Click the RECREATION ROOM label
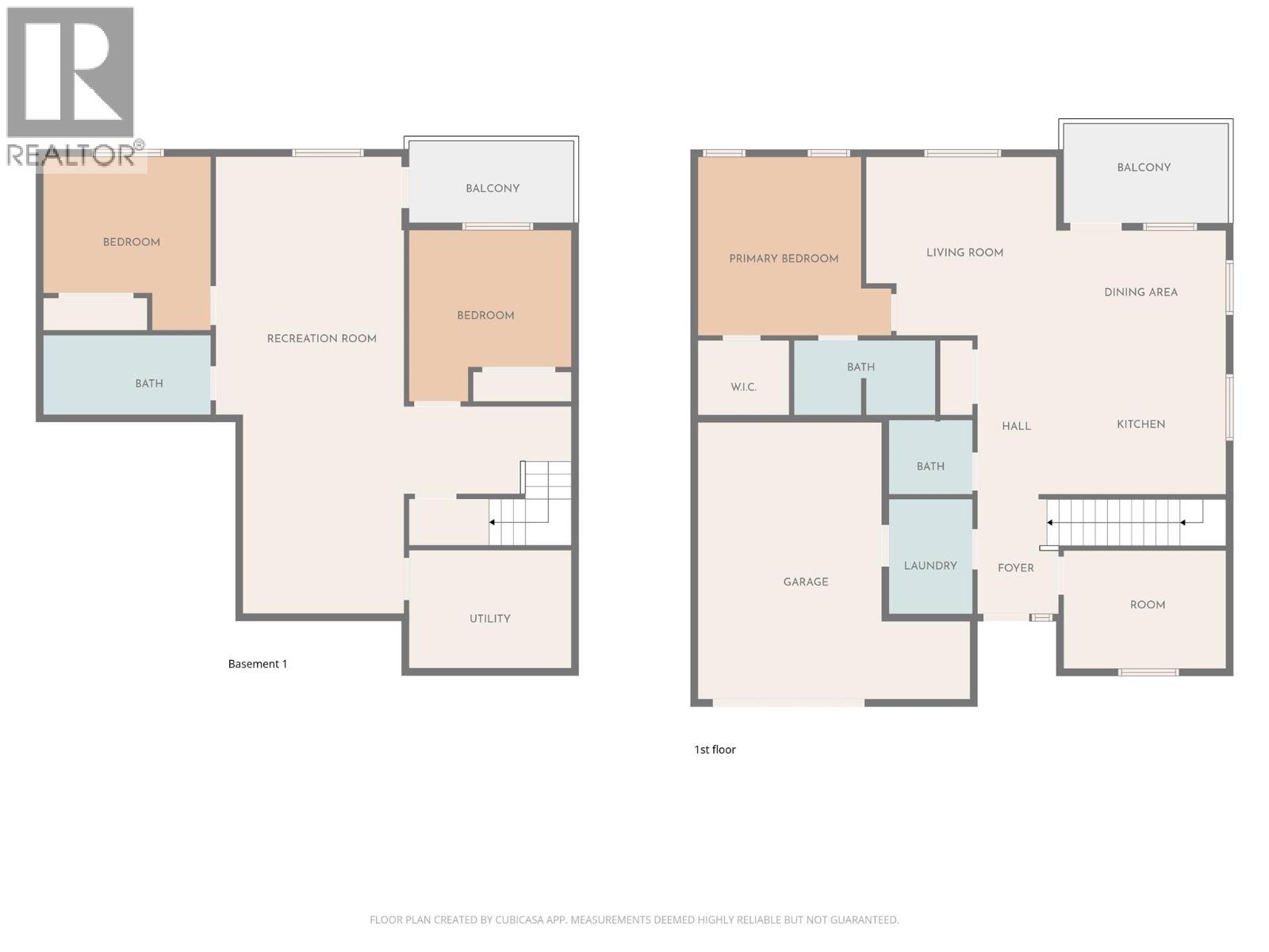tap(321, 339)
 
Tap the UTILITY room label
tap(489, 619)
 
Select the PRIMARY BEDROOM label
tap(784, 259)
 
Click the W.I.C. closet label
tap(743, 387)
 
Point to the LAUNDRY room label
tap(930, 566)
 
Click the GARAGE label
tap(806, 582)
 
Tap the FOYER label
tap(1015, 568)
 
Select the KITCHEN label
tap(1141, 424)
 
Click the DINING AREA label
tap(1141, 292)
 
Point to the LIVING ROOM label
tap(964, 252)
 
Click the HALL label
tap(1016, 426)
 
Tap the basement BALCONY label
tap(493, 188)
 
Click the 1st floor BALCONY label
tap(1144, 167)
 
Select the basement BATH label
tap(149, 383)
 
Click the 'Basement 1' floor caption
tap(258, 664)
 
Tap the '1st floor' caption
tap(715, 750)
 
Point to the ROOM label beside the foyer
tap(1148, 605)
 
